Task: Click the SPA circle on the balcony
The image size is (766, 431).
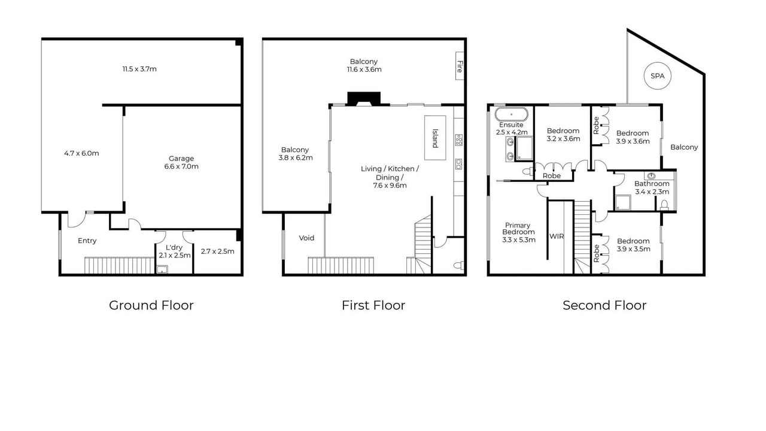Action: pos(657,76)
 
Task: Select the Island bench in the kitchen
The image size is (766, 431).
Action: pos(435,138)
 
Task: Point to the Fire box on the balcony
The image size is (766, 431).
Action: pos(460,66)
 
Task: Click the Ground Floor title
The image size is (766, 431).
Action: pos(151,305)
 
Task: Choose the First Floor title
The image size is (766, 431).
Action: pos(373,305)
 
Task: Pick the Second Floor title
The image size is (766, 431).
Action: pos(604,305)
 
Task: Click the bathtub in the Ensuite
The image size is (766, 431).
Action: pos(511,114)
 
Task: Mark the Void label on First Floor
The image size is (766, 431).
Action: pos(306,238)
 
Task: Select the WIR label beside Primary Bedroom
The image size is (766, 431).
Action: pos(557,236)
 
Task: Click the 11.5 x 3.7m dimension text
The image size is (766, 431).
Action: pos(139,69)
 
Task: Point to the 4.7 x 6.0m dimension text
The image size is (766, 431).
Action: pos(81,153)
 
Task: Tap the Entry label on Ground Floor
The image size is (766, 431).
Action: pos(87,241)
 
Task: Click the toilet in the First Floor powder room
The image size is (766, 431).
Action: pos(458,265)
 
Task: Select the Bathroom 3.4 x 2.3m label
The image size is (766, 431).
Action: pos(652,188)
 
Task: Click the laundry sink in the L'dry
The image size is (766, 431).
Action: pos(162,269)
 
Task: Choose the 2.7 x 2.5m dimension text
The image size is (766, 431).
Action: pos(217,251)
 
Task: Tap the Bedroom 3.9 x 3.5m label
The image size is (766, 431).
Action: pos(633,245)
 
